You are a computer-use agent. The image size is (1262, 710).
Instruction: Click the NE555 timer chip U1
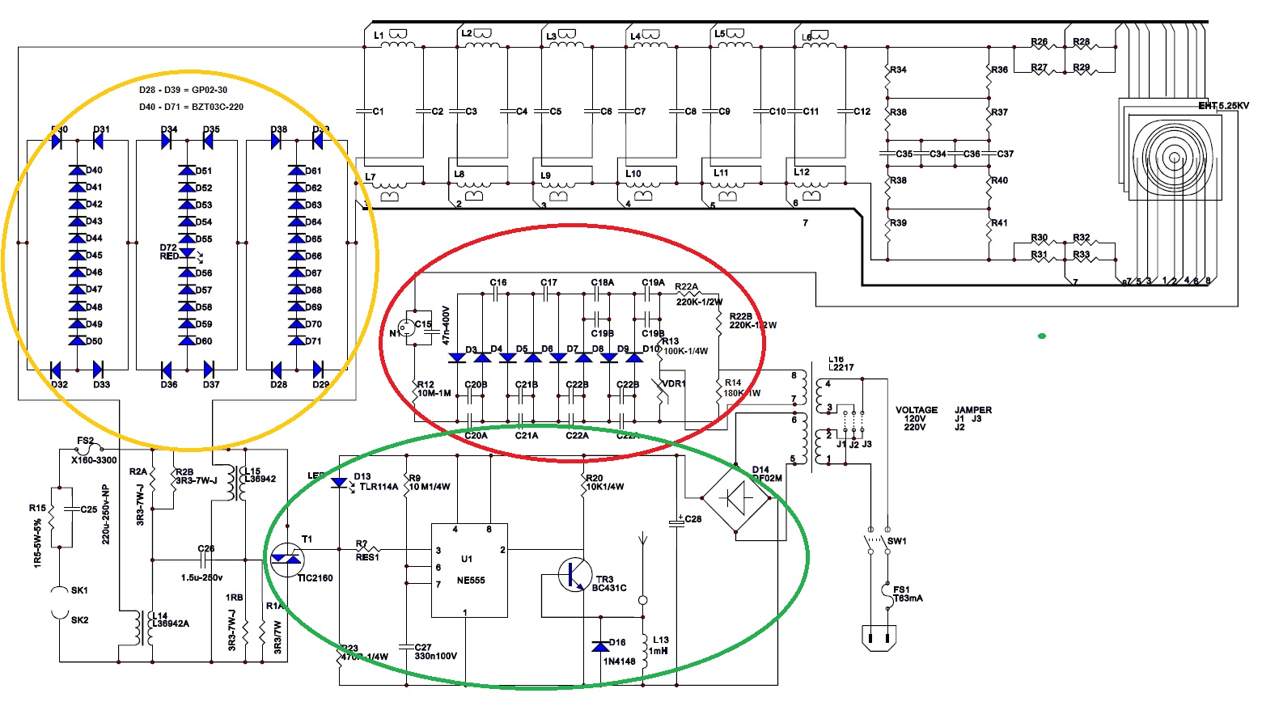(x=469, y=569)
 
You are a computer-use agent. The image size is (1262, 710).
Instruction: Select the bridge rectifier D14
(x=736, y=499)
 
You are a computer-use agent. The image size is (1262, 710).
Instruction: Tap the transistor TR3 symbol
(x=574, y=574)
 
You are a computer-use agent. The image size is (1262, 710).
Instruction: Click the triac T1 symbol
(x=286, y=559)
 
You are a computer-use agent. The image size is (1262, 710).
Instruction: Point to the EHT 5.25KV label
(x=1223, y=106)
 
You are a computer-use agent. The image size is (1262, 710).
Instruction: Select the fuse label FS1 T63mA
(x=907, y=594)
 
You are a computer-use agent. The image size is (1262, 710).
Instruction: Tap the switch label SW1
(x=897, y=541)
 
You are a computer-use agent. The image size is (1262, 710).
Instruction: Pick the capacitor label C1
(x=378, y=112)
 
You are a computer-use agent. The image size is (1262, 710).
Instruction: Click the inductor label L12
(x=802, y=171)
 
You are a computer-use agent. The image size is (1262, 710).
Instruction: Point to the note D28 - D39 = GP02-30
(x=183, y=90)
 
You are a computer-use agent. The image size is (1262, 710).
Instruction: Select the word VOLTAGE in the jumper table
(x=917, y=410)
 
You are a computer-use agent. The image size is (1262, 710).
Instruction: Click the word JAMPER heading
(x=973, y=410)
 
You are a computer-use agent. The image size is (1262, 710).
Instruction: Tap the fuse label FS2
(x=85, y=441)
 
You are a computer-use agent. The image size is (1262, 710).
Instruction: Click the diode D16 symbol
(x=599, y=646)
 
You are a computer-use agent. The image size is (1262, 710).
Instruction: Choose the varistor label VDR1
(x=673, y=383)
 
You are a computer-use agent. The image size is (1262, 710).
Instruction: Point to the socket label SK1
(x=79, y=590)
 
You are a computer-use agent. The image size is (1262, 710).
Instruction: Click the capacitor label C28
(x=693, y=519)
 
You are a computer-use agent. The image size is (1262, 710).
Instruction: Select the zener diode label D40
(x=94, y=170)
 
